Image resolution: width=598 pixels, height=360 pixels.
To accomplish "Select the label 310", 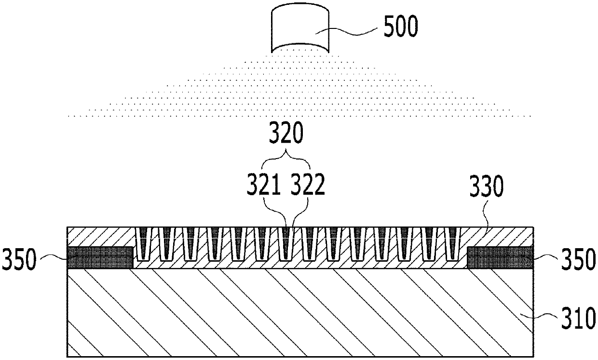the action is (x=577, y=319).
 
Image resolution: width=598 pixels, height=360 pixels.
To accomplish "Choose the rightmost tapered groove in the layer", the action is (x=452, y=243).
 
